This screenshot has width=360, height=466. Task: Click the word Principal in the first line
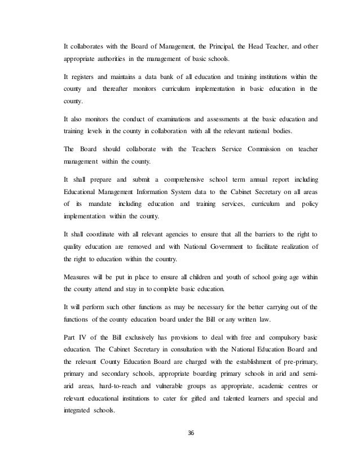click(216, 46)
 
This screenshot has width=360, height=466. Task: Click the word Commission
click(252, 150)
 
